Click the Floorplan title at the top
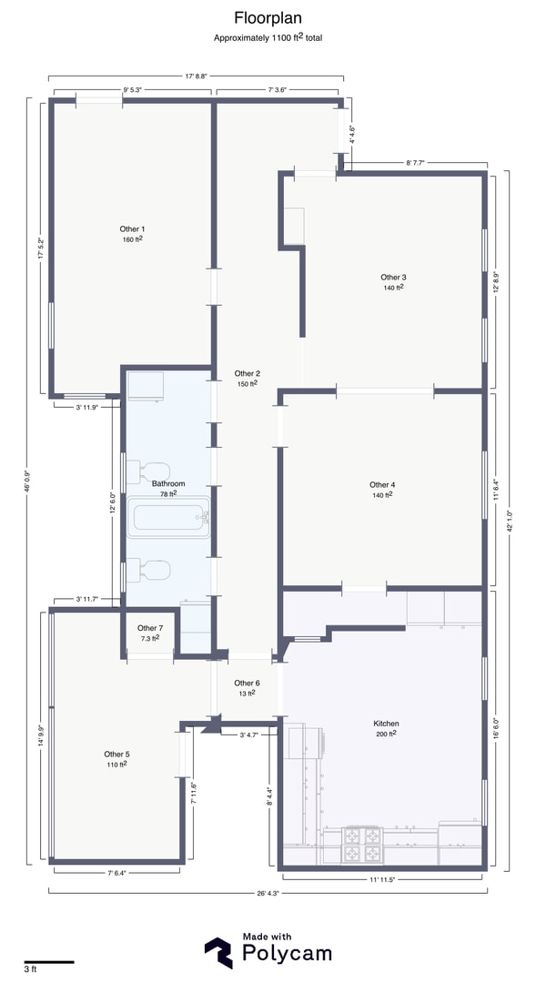coord(268,18)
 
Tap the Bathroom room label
coord(168,484)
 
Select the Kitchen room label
coord(386,724)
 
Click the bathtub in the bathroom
coord(169,517)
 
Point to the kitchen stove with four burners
coord(362,845)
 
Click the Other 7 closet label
coord(150,628)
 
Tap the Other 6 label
coord(247,684)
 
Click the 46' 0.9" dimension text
coord(25,481)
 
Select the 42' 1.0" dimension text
coord(511,520)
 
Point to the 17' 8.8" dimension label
coord(197,76)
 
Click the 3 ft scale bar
coord(49,962)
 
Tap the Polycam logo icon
coord(218,953)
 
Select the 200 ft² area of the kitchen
coord(386,735)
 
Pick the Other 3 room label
coord(394,277)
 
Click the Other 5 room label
coord(117,755)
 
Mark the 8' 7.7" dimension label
coord(416,163)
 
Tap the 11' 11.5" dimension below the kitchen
coord(383,879)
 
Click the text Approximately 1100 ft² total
coord(268,37)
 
